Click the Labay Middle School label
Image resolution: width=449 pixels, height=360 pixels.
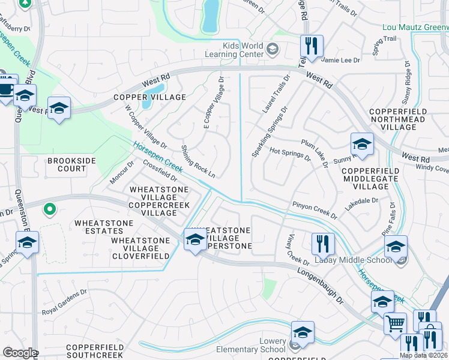click(x=349, y=260)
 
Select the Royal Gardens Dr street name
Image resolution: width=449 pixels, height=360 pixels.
click(x=64, y=311)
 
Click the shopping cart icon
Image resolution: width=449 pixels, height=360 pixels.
click(x=395, y=324)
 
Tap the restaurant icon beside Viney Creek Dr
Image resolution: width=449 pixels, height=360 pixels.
click(x=323, y=244)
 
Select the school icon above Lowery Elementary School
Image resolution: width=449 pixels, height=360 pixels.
click(x=303, y=332)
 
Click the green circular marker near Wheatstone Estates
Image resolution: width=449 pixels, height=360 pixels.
click(x=50, y=210)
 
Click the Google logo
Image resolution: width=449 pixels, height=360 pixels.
click(x=20, y=352)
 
